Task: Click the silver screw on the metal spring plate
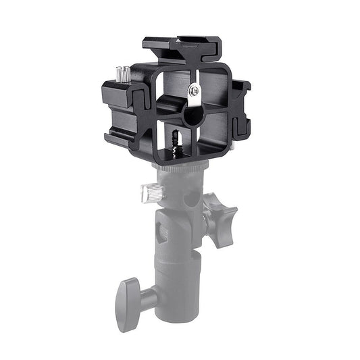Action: [195, 89]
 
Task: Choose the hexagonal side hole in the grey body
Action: [161, 233]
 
